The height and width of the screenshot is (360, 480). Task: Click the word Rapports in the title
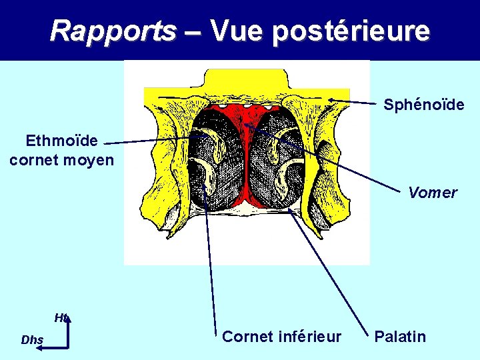(x=113, y=31)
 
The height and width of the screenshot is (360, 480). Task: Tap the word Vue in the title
(x=237, y=31)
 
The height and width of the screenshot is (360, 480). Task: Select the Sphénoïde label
(x=423, y=105)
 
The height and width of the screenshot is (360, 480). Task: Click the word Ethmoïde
(x=61, y=141)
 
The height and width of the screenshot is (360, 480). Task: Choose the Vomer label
(x=433, y=193)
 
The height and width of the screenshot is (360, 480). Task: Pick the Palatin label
(x=400, y=337)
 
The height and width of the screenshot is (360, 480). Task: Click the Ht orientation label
(x=61, y=318)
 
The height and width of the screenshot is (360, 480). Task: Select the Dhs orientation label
(x=31, y=340)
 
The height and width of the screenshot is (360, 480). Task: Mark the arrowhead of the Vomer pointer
(x=245, y=124)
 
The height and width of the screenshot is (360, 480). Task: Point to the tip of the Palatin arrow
(x=291, y=213)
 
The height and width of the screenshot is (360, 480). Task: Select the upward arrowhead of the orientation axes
(x=67, y=320)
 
